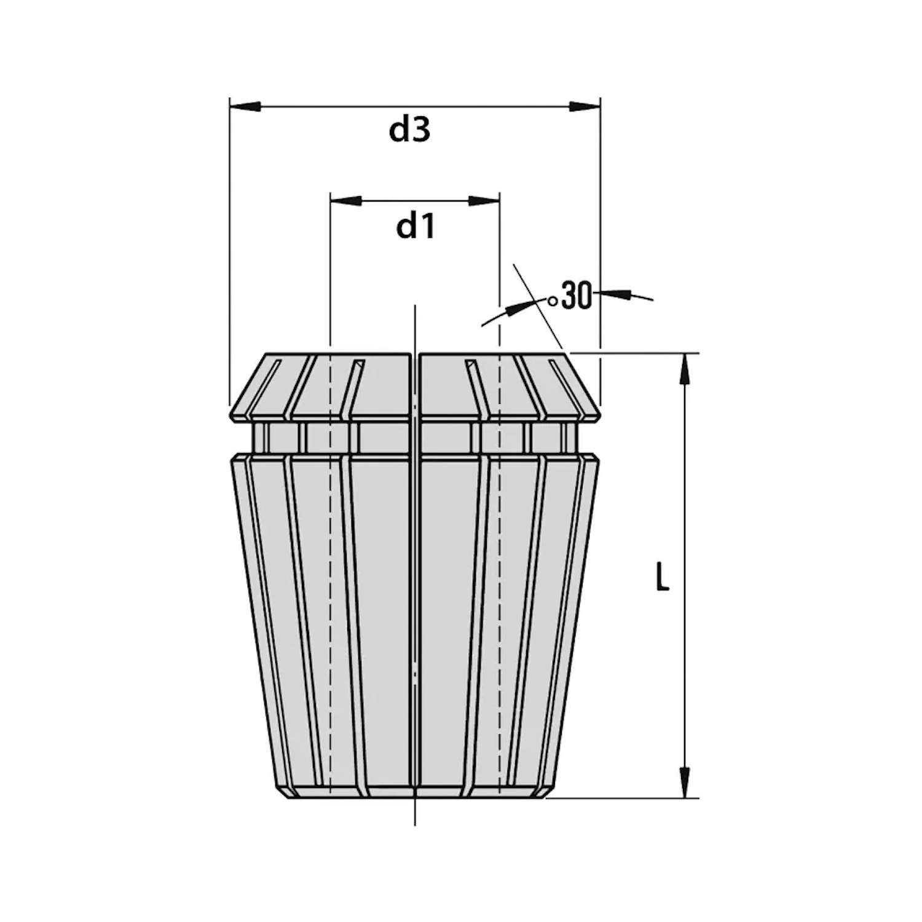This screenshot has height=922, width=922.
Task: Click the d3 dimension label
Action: point(409,130)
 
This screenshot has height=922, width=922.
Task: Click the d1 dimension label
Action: point(416,227)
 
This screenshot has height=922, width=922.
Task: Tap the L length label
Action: point(662,578)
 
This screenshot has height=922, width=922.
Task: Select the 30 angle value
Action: point(577,296)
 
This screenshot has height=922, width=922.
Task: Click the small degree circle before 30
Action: point(553,301)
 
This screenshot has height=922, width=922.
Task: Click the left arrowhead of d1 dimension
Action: point(346,201)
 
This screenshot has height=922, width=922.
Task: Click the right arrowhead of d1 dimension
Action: point(484,201)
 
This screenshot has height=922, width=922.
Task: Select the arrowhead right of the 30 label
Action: point(618,294)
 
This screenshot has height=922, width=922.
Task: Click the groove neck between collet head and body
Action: point(415,438)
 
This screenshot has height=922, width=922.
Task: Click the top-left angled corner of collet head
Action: point(266,355)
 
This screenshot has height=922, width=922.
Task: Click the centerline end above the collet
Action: point(416,307)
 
